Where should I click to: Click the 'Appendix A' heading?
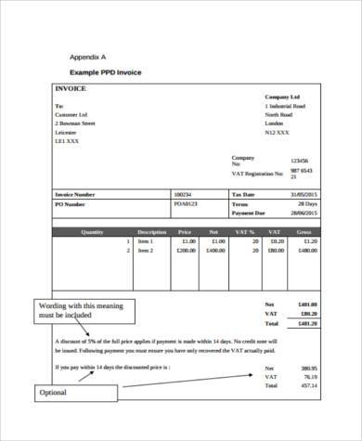coord(90,58)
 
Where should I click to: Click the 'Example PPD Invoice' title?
coord(104,72)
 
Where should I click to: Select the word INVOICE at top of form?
coord(71,89)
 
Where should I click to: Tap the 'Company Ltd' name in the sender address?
coord(282,97)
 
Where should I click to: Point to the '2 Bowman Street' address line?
coord(75,123)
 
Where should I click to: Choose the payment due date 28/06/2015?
coord(303,212)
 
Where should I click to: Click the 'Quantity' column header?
coord(93,231)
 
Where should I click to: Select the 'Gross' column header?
coord(304,231)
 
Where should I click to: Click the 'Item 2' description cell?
coord(146,251)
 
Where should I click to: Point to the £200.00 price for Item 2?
coord(186,251)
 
